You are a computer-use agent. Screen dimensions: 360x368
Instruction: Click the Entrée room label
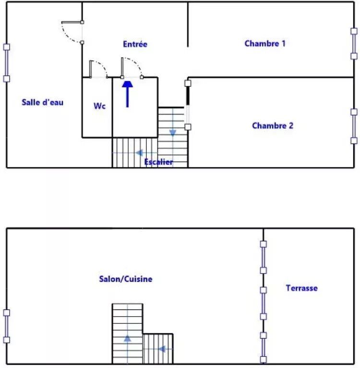(x=135, y=44)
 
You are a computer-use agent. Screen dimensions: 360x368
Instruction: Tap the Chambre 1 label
(x=265, y=43)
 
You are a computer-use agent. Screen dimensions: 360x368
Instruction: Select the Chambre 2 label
(x=273, y=126)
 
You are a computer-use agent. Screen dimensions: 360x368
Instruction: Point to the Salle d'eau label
(x=43, y=102)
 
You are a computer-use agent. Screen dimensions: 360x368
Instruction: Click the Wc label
(x=99, y=106)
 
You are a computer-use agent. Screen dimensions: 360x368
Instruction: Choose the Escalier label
(x=158, y=162)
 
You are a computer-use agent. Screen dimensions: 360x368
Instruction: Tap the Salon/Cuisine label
(x=126, y=279)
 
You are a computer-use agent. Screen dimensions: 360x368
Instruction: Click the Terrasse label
(x=302, y=288)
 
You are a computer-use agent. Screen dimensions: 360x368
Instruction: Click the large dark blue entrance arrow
(x=127, y=94)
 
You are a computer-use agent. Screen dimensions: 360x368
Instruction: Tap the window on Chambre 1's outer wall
(x=354, y=44)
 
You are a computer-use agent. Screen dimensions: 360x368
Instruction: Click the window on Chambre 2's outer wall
(x=354, y=126)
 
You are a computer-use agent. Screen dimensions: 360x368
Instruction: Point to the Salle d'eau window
(x=7, y=63)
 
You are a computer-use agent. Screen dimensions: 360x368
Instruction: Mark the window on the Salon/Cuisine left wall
(x=7, y=326)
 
